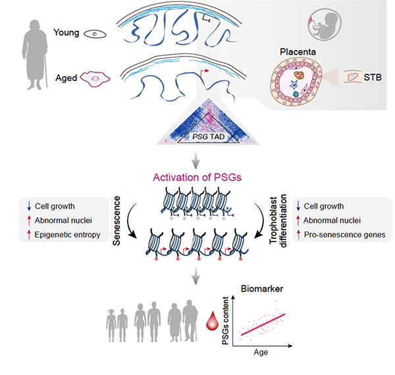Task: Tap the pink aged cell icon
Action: coord(97,78)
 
